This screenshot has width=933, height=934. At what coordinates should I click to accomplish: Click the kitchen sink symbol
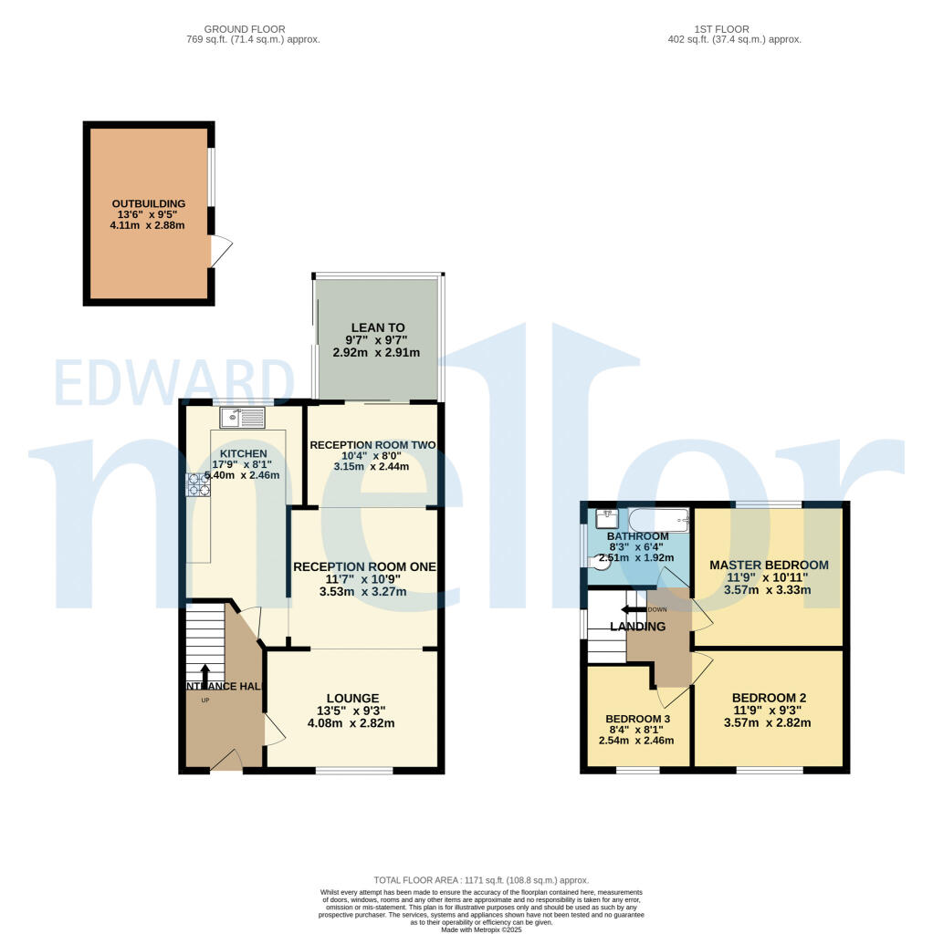[242, 418]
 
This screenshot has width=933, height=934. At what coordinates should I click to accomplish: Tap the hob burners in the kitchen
[199, 485]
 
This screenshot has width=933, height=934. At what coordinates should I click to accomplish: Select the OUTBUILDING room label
[149, 203]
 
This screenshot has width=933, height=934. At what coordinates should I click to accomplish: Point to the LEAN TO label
[377, 327]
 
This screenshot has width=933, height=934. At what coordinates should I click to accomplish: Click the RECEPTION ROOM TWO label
[372, 445]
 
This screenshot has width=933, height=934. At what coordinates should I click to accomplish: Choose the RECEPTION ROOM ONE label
[364, 566]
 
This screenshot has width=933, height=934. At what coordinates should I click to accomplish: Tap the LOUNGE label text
[351, 698]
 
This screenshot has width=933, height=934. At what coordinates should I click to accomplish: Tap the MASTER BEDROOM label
[769, 565]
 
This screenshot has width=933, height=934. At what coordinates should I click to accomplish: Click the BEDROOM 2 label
[769, 698]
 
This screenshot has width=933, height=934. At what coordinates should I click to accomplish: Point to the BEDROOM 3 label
[639, 718]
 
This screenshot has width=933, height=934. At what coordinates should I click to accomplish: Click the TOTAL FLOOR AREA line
[481, 880]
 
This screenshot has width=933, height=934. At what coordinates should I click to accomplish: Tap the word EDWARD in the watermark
[173, 383]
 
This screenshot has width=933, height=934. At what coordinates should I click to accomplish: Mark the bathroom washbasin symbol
[607, 518]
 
